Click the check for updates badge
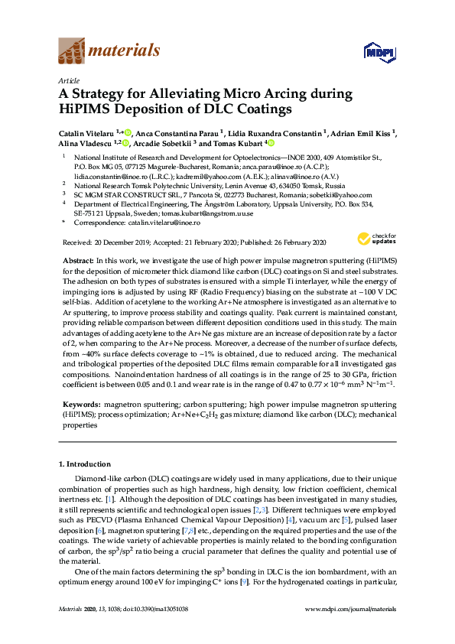(376, 239)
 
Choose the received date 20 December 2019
(119, 242)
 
